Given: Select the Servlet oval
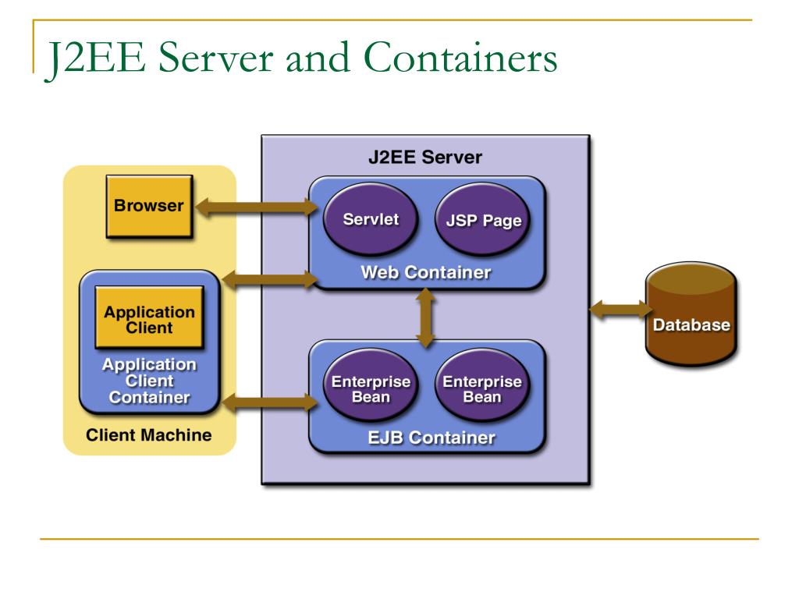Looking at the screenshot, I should (x=370, y=219).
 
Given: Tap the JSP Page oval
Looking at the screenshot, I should (x=478, y=221).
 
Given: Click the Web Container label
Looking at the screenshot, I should (x=425, y=273).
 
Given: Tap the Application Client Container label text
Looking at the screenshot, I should (x=149, y=381).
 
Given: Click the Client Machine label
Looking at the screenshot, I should (x=149, y=435).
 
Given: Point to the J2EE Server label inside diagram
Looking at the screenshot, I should (x=425, y=157).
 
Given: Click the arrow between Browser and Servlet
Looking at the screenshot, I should (x=254, y=207).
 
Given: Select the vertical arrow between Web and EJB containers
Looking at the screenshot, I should (x=425, y=317).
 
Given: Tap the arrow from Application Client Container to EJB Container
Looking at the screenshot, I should (x=270, y=402).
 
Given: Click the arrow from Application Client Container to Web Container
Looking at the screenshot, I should (x=270, y=278).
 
